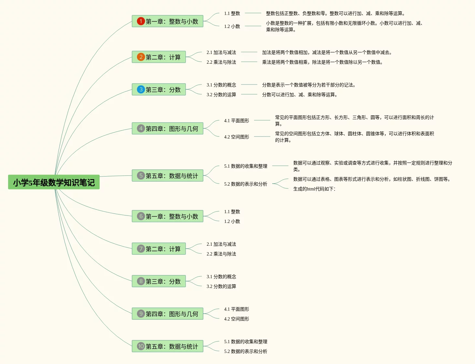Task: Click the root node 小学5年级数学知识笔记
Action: tap(54, 182)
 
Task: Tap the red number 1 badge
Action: tap(140, 21)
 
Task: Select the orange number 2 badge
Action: tap(140, 57)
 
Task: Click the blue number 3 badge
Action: tap(140, 89)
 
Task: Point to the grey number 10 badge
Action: tap(140, 346)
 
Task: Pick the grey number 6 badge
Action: tap(140, 216)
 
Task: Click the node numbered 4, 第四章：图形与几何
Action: tap(167, 128)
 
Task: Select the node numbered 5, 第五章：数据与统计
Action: tap(167, 175)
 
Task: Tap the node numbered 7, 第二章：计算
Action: tap(159, 249)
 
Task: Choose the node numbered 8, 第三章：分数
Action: tap(159, 281)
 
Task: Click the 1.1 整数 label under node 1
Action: tap(232, 13)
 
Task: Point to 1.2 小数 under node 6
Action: tap(232, 221)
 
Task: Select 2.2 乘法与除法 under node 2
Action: tap(221, 62)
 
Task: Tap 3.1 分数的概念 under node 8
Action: tap(221, 277)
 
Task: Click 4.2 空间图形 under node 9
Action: tap(237, 319)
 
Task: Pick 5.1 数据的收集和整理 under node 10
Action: tap(246, 342)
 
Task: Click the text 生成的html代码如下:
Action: tap(314, 189)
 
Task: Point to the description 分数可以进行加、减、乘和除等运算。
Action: tap(300, 95)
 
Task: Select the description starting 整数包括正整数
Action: tap(335, 13)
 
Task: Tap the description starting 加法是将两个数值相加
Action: tap(327, 52)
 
